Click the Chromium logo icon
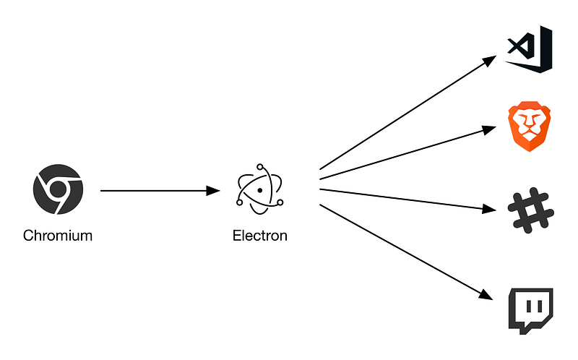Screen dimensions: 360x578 coord(58,191)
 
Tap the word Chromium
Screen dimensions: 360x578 coord(58,236)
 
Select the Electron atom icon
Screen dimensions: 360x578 coord(259,191)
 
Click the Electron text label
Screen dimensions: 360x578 coord(260,236)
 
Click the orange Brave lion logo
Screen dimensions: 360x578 coord(530,128)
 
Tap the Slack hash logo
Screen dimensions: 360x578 coord(530,211)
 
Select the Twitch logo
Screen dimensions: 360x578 coord(530,309)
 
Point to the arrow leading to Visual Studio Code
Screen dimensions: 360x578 coord(405,113)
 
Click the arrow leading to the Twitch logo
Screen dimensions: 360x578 coord(405,250)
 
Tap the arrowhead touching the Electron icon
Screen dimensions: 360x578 coord(212,191)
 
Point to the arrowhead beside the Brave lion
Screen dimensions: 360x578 coord(489,130)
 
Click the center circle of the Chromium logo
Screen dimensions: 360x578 coord(58,190)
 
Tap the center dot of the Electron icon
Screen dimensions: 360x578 coord(259,191)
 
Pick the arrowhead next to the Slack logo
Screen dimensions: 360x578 coord(489,210)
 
